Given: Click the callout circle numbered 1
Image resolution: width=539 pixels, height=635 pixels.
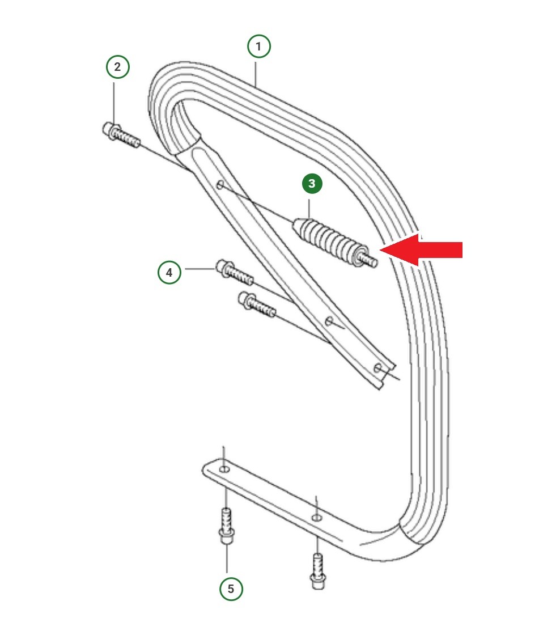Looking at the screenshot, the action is click(259, 46).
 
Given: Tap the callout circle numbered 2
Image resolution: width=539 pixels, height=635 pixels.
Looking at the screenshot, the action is click(117, 67).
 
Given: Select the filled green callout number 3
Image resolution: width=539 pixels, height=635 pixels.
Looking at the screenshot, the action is click(312, 184).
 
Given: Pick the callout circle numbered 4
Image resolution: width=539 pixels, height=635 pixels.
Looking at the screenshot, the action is click(169, 272).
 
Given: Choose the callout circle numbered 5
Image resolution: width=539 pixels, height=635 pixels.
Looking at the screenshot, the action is click(231, 589).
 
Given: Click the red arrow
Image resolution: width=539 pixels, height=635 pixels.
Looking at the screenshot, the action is click(421, 249).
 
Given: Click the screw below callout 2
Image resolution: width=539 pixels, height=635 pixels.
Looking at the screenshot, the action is click(121, 136).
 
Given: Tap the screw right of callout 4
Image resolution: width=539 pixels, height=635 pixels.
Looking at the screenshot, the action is click(235, 272).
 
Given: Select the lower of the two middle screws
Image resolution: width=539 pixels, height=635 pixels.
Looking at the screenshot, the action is click(257, 305).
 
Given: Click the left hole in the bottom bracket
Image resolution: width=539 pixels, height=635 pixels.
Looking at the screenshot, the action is click(224, 469).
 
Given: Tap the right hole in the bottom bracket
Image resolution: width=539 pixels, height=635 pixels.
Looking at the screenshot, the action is click(317, 518).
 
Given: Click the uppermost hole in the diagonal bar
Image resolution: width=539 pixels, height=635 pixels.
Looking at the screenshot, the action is click(220, 185).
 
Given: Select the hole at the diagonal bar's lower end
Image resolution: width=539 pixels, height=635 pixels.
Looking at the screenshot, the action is click(377, 368).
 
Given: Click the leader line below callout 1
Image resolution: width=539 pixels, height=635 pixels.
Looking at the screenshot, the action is click(256, 73).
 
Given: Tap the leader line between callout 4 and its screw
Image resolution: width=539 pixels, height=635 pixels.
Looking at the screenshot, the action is click(199, 269).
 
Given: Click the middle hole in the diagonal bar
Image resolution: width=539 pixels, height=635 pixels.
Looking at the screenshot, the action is click(330, 321).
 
